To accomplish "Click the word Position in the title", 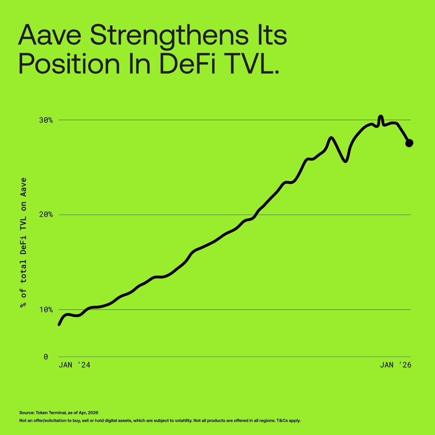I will point(69,64).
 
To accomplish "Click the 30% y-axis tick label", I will point(46,120).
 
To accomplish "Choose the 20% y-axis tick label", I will point(46,215).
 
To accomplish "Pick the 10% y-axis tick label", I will point(46,310).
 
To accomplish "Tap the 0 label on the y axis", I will point(46,357).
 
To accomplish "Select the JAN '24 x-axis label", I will point(74,365).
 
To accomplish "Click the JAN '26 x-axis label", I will point(395,365).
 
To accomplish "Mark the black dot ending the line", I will point(409,143).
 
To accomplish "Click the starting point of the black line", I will point(59,324).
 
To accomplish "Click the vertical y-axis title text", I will point(24,243).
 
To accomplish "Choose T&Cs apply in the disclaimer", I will point(289,421).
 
